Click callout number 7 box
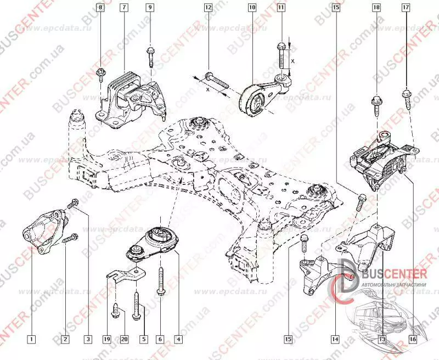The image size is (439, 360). tap(125, 8)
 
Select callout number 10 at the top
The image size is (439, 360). tap(252, 8)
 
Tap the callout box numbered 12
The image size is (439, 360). tap(208, 8)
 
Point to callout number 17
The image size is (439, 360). tap(406, 8)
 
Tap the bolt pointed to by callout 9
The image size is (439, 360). tap(150, 55)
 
